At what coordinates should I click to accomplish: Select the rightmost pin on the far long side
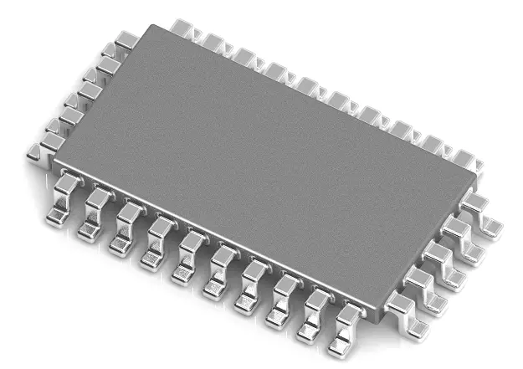465,159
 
